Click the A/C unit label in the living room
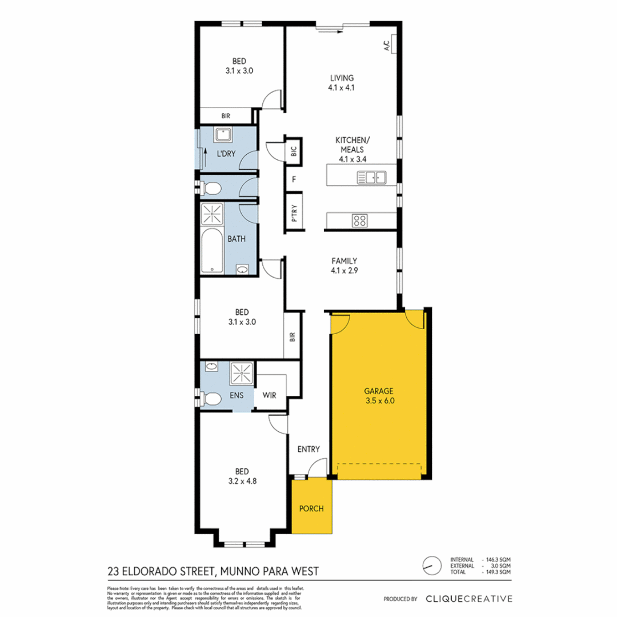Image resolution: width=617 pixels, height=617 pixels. point(386,45)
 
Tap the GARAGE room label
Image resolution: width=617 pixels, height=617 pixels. point(379,391)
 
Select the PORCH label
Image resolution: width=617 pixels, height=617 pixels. point(311,508)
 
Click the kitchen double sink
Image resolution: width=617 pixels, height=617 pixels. point(371,178)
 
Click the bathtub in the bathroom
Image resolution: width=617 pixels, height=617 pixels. point(213,251)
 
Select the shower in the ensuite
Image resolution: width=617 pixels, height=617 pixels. point(241,373)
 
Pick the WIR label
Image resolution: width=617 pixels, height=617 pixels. point(270,395)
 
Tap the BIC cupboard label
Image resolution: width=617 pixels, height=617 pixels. point(294,151)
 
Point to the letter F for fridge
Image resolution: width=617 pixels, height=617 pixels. point(294,179)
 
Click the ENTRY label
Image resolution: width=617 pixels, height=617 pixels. point(308,449)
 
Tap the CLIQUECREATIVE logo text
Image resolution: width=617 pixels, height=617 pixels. point(468,599)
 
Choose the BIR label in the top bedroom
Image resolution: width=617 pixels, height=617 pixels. point(226,116)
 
